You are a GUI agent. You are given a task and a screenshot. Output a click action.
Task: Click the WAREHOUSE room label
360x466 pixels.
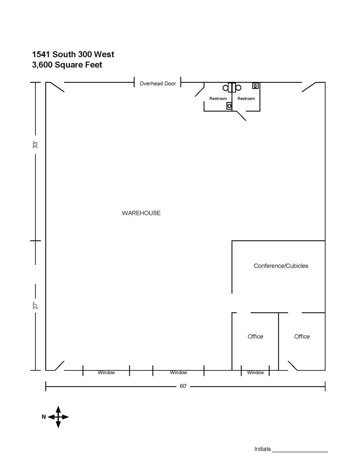coord(141,213)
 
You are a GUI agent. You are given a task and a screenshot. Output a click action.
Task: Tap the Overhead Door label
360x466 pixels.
coord(158,83)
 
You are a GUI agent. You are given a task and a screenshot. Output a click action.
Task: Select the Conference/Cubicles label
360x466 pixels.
coord(281,266)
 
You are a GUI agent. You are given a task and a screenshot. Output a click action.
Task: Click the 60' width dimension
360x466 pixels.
coord(183,386)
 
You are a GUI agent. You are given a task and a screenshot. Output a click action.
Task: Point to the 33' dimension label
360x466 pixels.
coord(35,145)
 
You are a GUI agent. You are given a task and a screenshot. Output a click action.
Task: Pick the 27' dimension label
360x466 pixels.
coord(35,305)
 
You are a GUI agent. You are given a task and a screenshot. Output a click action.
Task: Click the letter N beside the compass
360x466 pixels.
coord(44,417)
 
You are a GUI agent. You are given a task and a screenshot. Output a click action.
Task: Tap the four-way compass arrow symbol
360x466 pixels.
coord(58,417)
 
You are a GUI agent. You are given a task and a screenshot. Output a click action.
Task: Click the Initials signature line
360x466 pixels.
coord(300,452)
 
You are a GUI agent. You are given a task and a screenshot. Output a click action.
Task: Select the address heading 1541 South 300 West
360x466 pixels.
coord(73,54)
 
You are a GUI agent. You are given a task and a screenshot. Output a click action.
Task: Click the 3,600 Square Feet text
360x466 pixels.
coord(67,65)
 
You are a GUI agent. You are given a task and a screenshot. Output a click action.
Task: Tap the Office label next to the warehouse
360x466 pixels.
coord(256,336)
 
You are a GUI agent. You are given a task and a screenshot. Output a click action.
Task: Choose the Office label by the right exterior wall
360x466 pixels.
coord(302,336)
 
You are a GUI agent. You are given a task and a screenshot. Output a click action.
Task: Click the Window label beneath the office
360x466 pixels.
coord(256,372)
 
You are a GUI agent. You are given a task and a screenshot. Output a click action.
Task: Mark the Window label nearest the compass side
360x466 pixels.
coord(106,372)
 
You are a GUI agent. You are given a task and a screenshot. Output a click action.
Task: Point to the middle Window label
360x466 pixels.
coord(178,372)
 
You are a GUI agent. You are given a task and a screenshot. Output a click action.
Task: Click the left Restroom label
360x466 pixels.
coord(218,99)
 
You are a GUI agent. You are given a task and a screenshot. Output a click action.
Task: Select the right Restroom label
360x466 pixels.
coord(246,99)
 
